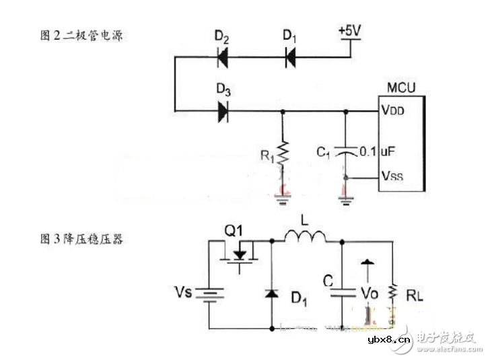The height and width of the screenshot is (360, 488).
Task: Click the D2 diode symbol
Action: point(223,59)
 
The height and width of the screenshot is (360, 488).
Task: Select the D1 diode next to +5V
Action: point(289,59)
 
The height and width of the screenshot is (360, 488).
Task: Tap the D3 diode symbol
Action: point(223,111)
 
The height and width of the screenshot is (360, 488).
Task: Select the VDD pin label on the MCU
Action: point(393,111)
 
